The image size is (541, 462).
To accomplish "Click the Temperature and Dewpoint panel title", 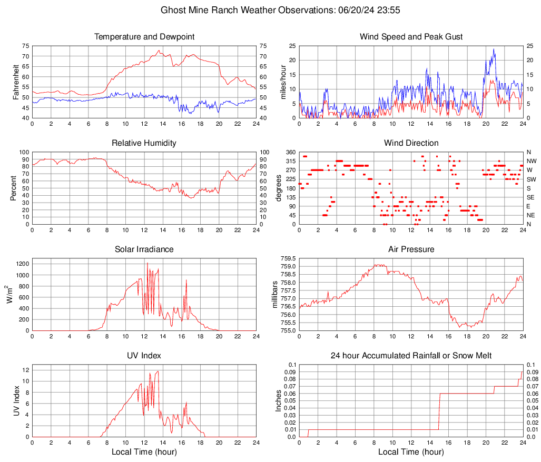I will (x=144, y=37).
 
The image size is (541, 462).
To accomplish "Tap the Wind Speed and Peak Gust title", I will (x=411, y=37).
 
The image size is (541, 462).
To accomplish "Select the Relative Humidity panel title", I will (x=144, y=143).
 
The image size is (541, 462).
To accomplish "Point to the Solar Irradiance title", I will (x=144, y=249).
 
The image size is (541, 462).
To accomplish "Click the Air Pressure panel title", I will (x=411, y=249).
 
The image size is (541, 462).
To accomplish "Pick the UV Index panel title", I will (x=144, y=356).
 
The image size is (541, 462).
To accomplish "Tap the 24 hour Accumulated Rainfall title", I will (x=411, y=356).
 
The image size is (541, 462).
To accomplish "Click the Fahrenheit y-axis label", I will (x=15, y=82).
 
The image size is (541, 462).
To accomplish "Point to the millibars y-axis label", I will (x=274, y=295).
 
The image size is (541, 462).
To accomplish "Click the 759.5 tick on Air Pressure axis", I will (x=289, y=258).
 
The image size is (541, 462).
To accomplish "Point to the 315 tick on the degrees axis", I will (x=290, y=161).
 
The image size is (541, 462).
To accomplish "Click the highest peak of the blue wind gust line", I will (x=494, y=49).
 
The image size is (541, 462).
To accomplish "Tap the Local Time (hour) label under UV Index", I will (x=144, y=452).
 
